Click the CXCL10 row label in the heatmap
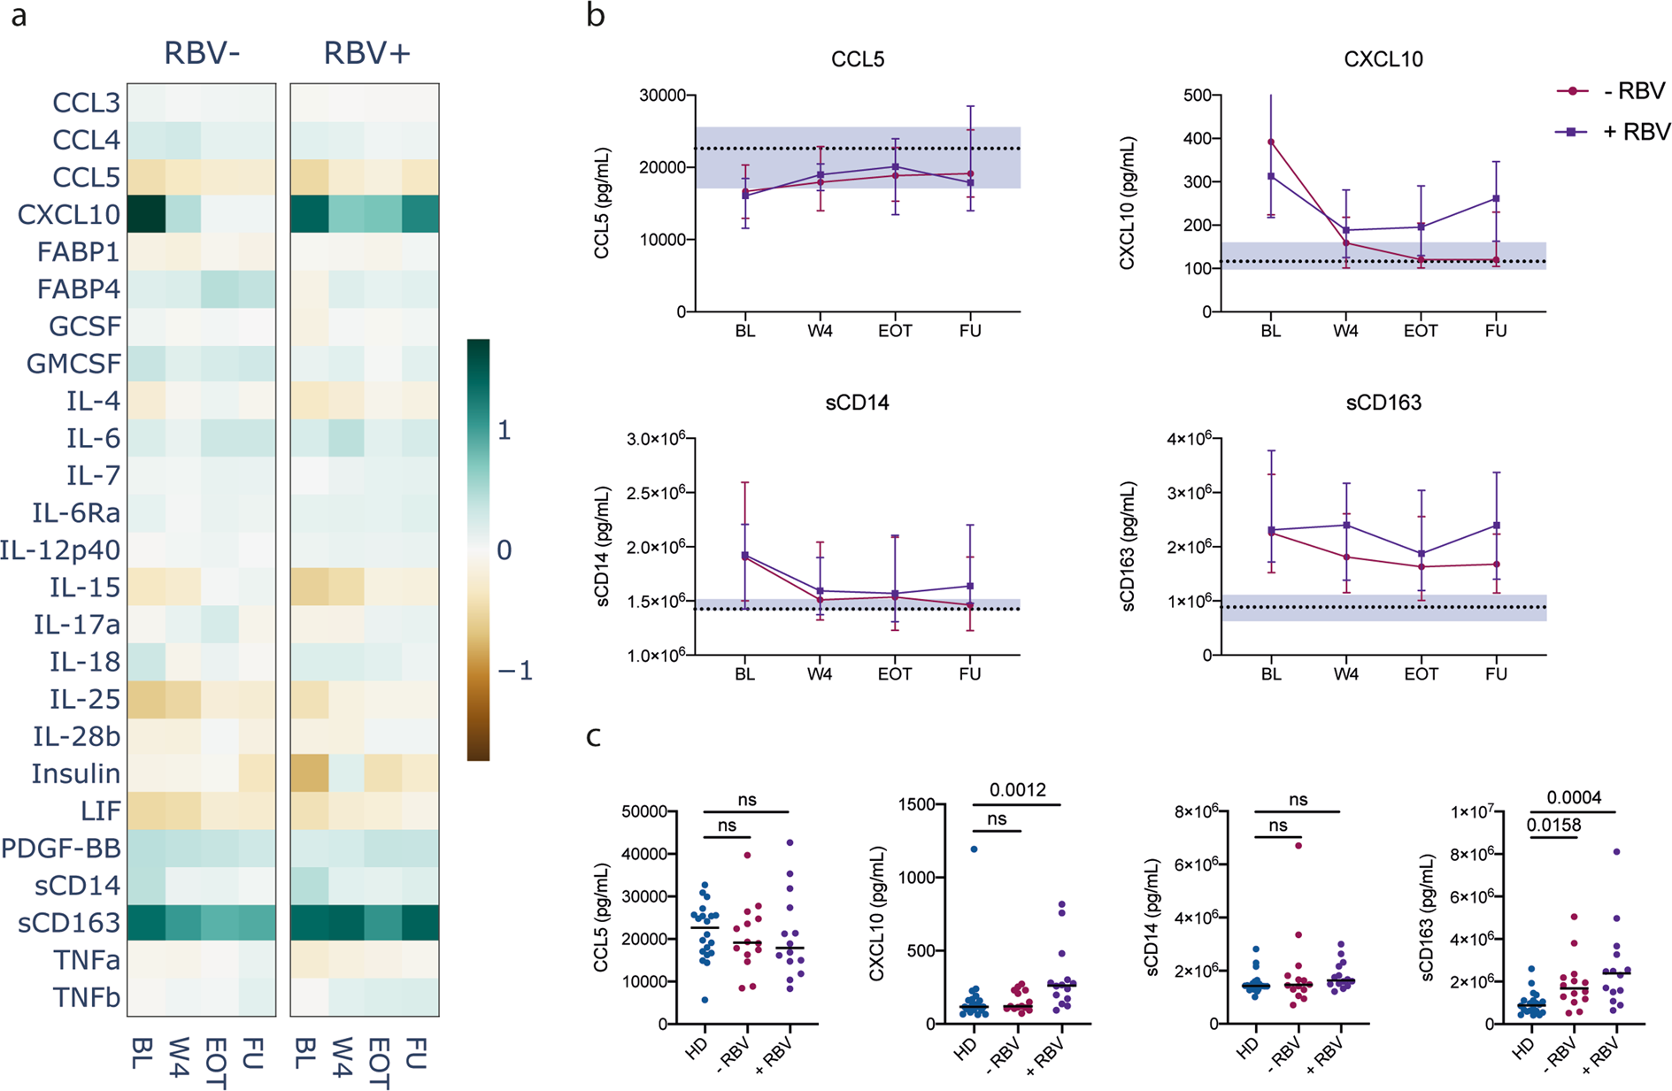click(68, 215)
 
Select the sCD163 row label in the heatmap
click(68, 923)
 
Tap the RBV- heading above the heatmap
click(202, 53)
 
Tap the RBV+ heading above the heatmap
click(366, 53)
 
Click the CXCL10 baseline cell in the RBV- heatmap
click(146, 215)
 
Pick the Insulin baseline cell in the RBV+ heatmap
click(309, 773)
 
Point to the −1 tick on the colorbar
click(514, 671)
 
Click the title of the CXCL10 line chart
click(1383, 59)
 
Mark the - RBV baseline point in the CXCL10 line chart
click(1271, 142)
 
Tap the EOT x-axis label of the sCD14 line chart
click(894, 674)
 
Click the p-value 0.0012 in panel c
click(1017, 790)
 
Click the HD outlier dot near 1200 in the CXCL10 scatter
click(974, 849)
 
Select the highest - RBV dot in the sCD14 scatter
click(1298, 846)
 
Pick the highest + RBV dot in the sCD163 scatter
click(1616, 852)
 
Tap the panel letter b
click(596, 15)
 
